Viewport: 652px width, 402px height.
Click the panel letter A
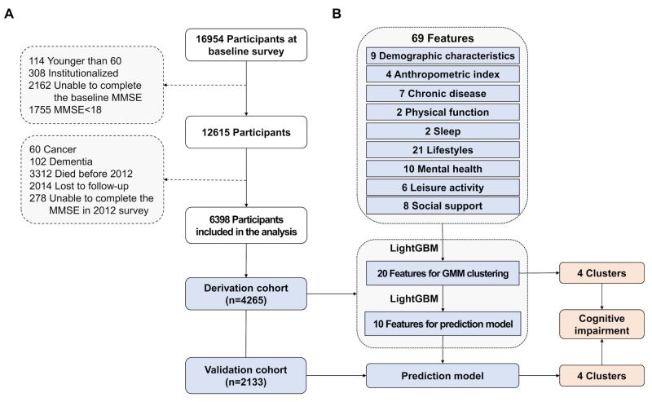(x=9, y=14)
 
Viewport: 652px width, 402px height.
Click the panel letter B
(x=337, y=14)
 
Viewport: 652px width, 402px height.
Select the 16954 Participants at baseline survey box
(x=246, y=45)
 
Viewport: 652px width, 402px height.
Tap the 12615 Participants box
(x=246, y=132)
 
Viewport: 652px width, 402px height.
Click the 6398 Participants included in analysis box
(x=246, y=226)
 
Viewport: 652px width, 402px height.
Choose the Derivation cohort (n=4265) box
(x=246, y=294)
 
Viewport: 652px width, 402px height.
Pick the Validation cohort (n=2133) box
(x=246, y=376)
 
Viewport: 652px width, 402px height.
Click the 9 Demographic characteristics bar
(x=443, y=55)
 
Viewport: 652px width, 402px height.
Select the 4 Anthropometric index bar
(x=443, y=74)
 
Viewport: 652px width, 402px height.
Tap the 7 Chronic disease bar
(x=443, y=93)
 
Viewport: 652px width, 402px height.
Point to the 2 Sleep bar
(x=443, y=131)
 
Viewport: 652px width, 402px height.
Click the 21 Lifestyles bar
(x=443, y=150)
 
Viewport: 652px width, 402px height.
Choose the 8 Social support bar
(x=443, y=206)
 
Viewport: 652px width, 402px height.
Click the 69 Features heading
(x=443, y=38)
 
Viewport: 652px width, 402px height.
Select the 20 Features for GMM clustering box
(x=443, y=273)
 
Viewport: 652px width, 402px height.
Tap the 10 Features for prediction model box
(x=443, y=324)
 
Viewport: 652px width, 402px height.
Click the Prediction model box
(x=443, y=376)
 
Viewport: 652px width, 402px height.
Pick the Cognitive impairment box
(x=601, y=325)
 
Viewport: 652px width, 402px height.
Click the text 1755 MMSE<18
(x=65, y=110)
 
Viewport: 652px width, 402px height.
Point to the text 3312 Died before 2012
(x=81, y=174)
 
